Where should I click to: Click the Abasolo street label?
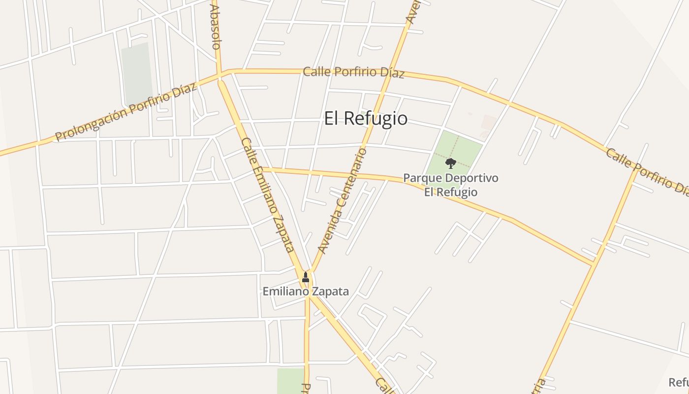(x=215, y=27)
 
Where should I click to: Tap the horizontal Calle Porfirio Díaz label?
(x=353, y=72)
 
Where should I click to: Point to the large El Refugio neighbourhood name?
(x=366, y=119)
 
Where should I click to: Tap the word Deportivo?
(x=470, y=178)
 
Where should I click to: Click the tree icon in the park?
(x=450, y=163)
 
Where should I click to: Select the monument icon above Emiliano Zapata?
(x=306, y=277)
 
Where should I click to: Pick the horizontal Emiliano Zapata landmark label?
(x=306, y=292)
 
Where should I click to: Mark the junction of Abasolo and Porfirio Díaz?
(x=219, y=75)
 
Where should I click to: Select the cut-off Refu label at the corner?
(x=678, y=383)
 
